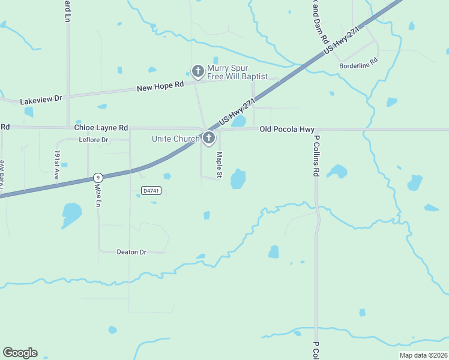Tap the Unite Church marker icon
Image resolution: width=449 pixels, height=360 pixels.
208,139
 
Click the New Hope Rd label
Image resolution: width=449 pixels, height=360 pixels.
160,88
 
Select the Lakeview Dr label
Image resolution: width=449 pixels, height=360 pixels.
41,100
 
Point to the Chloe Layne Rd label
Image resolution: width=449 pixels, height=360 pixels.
101,128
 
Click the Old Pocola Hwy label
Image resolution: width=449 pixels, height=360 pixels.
287,129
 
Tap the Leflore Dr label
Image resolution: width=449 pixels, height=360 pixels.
93,140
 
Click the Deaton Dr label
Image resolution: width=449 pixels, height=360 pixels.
131,252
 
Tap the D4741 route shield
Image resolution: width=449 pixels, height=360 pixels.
151,190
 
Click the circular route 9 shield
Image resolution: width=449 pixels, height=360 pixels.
97,178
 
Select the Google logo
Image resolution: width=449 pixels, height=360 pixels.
20,353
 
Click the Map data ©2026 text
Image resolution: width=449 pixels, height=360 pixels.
423,355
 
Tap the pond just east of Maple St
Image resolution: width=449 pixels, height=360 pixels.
238,179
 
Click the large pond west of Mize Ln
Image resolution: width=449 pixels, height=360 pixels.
71,214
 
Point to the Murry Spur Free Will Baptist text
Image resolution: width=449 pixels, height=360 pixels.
237,72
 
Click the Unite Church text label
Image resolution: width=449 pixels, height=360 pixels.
175,139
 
